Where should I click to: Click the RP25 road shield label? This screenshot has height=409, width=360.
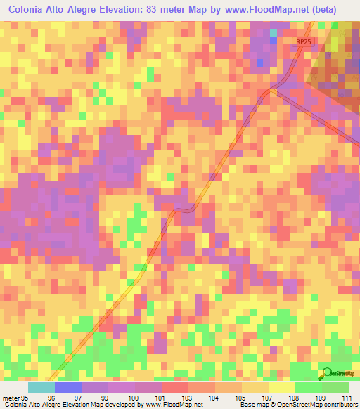tap(303, 43)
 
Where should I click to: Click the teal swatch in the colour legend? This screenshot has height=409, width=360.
tap(41, 387)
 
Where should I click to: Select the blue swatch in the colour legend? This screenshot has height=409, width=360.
tap(68, 387)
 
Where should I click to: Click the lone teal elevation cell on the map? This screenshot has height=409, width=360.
tap(274, 32)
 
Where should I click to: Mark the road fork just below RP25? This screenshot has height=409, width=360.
tap(273, 89)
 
